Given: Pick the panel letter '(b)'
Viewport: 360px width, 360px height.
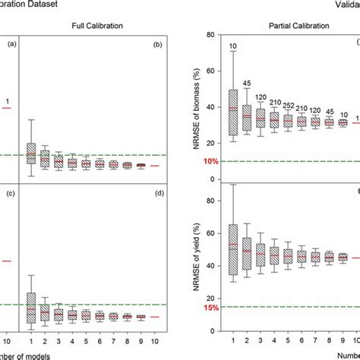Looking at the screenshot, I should tap(160, 45).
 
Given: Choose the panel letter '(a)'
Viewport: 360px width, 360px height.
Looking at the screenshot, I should tap(11, 45).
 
